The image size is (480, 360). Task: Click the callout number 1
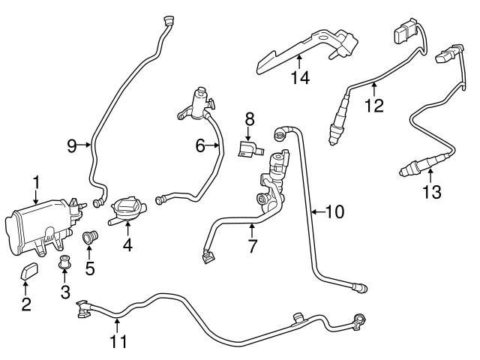35,181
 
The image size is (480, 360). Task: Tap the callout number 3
64,289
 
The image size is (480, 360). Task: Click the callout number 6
201,146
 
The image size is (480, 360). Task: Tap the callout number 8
249,118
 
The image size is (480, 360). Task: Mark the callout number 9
73,145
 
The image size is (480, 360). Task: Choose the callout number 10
334,212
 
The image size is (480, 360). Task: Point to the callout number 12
373,106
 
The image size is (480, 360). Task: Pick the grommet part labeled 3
64,262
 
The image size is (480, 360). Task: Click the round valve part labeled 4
126,208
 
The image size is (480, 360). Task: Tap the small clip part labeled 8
248,148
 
